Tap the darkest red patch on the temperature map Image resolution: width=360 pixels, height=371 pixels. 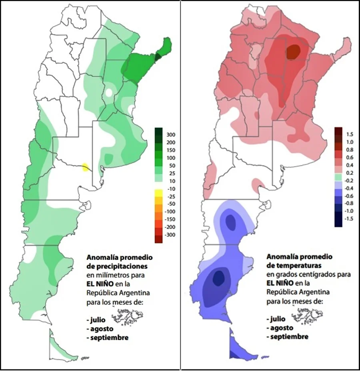click(294, 51)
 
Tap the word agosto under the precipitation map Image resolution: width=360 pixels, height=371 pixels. click(99, 328)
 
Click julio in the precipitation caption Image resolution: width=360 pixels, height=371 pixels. click(96, 319)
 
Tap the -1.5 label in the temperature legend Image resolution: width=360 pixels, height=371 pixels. click(350, 219)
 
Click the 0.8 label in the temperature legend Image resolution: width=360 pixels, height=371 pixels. click(349, 150)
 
